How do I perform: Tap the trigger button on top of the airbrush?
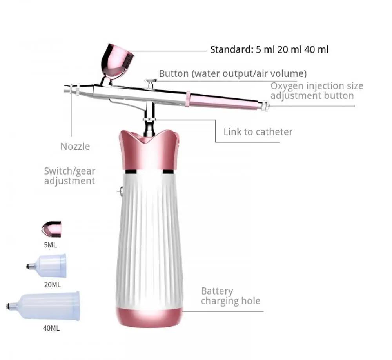click(150, 82)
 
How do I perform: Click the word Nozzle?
click(75, 147)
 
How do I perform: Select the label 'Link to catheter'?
click(258, 132)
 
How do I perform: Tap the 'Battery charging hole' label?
click(230, 296)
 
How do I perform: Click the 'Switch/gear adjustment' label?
click(69, 176)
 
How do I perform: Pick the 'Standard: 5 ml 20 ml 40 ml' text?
click(269, 50)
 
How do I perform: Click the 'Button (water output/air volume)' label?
click(232, 73)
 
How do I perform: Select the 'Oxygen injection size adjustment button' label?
click(316, 91)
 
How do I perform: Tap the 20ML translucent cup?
click(49, 266)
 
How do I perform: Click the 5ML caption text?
click(50, 245)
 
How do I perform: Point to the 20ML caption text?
click(52, 285)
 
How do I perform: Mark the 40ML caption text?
click(51, 328)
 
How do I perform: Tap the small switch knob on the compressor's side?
click(120, 191)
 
